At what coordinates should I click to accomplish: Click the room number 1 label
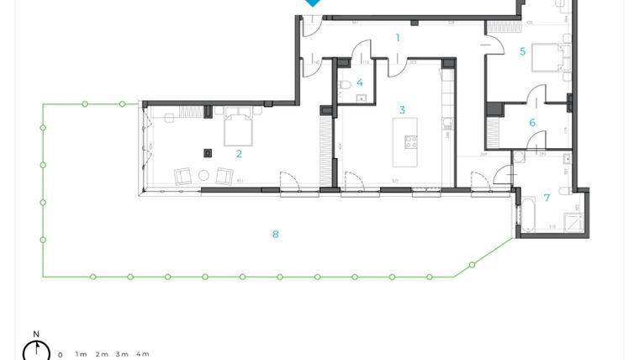398,37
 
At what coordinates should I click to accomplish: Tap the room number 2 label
240,153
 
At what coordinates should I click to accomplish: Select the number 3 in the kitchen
402,110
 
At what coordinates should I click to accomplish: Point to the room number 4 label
360,82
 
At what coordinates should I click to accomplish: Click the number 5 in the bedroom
522,51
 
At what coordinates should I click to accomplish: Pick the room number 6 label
532,123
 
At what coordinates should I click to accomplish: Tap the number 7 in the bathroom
547,198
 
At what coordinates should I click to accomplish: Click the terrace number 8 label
275,234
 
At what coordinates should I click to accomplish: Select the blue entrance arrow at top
313,3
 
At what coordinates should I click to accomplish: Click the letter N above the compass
36,335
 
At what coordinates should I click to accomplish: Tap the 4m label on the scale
143,354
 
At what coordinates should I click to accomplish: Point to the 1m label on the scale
81,354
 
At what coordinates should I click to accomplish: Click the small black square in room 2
208,152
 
